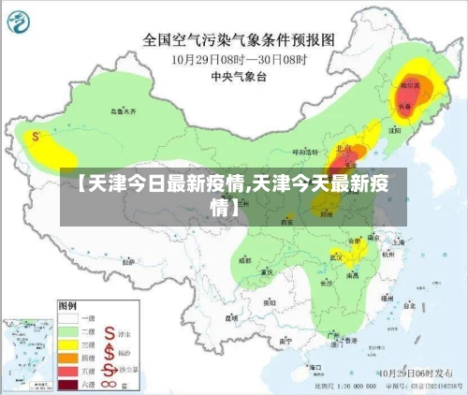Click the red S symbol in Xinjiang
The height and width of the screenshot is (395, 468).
pyautogui.click(x=35, y=137)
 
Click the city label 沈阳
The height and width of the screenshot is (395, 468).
pyautogui.click(x=390, y=131)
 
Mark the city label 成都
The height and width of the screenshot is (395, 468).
pyautogui.click(x=245, y=261)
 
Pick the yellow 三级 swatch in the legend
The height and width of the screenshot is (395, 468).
pyautogui.click(x=70, y=344)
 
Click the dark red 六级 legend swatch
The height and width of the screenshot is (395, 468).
pyautogui.click(x=70, y=383)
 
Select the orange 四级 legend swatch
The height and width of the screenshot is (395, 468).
pyautogui.click(x=70, y=357)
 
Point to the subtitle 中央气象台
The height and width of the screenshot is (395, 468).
pyautogui.click(x=238, y=77)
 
